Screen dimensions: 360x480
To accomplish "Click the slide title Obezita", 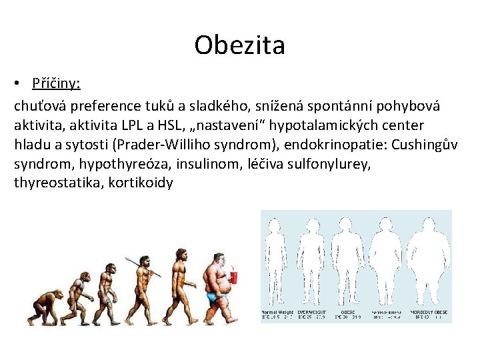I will pyautogui.click(x=239, y=45).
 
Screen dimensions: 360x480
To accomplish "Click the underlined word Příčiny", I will pyautogui.click(x=56, y=84).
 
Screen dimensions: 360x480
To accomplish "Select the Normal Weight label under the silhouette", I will pyautogui.click(x=277, y=312).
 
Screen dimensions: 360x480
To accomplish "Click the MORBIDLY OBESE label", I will pyautogui.click(x=427, y=312).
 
